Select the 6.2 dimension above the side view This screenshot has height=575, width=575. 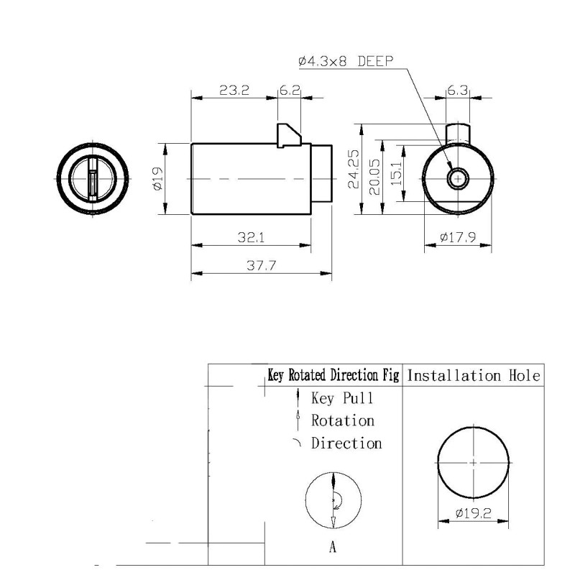pos(290,91)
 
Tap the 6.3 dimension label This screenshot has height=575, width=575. pos(458,91)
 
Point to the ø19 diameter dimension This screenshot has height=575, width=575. pos(158,178)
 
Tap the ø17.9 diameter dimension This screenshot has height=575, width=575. pos(458,236)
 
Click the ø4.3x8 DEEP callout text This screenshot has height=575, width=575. pos(346,61)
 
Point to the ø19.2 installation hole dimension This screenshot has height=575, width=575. pos(473,513)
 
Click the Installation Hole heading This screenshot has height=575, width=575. pos(473,375)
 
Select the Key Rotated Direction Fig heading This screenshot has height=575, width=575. pos(333,375)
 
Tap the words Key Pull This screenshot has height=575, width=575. pos(342,397)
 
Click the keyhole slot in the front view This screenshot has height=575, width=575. pos(93,178)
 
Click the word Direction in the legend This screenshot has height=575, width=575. pos(346,443)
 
